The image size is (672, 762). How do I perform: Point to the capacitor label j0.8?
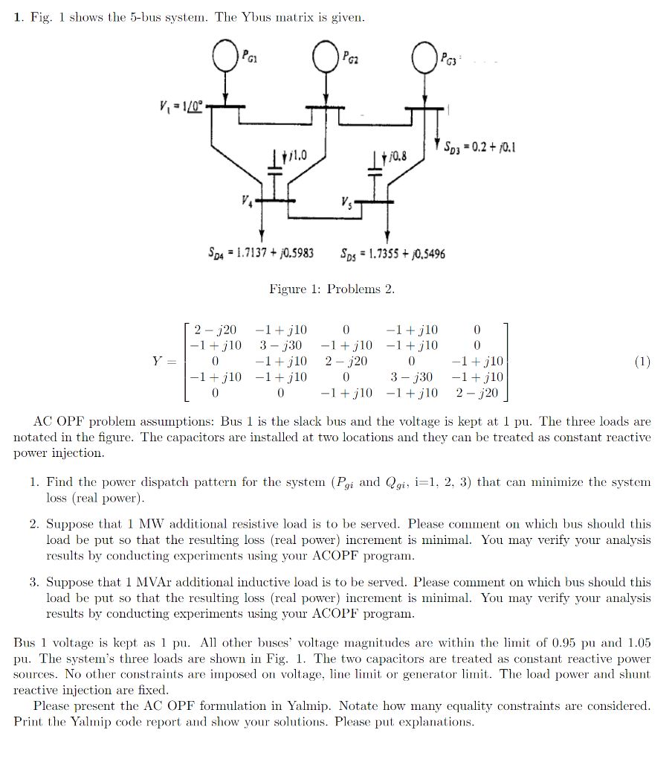393,156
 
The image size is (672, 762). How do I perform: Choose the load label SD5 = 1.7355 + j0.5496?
392,254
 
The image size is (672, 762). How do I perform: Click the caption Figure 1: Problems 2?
332,289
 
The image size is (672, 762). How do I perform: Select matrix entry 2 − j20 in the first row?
215,330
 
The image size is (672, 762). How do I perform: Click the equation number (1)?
642,362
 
